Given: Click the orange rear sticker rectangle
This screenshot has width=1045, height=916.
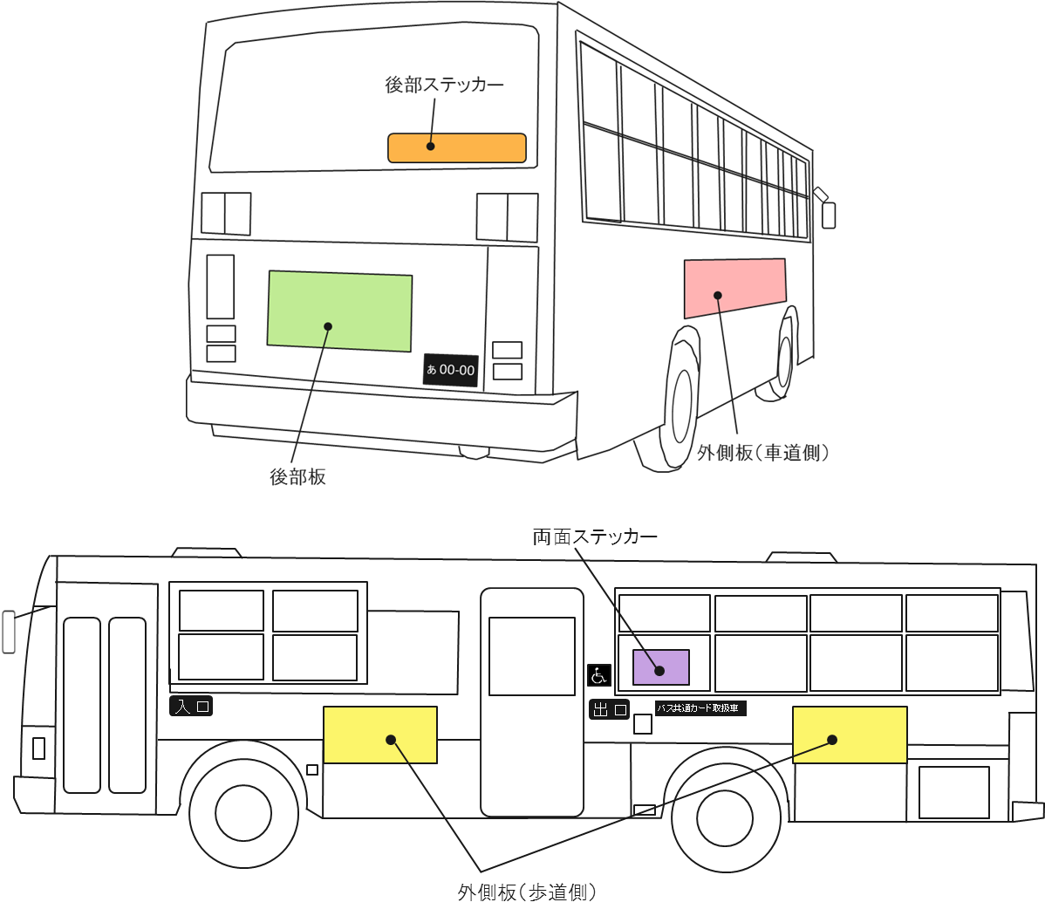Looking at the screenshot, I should click(456, 148).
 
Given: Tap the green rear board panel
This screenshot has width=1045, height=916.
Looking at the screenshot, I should click(339, 311).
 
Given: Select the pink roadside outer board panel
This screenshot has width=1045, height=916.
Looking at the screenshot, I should click(734, 286).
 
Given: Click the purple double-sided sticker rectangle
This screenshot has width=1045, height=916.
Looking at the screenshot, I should click(660, 667).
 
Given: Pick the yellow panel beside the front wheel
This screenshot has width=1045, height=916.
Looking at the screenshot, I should click(379, 735).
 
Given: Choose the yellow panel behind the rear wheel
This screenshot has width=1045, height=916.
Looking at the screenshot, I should click(850, 735).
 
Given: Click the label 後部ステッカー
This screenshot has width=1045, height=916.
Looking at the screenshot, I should click(444, 85).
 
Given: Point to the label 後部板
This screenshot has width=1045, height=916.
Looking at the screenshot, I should click(297, 477).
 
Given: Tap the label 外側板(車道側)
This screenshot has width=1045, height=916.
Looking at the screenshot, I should click(762, 453).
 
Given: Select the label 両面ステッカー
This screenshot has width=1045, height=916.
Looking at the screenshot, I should click(595, 537).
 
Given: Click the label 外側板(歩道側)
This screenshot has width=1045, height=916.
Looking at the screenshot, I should click(527, 892).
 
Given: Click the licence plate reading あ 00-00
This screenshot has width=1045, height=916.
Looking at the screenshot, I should click(450, 370).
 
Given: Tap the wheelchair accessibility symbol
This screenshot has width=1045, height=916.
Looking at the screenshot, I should click(598, 675).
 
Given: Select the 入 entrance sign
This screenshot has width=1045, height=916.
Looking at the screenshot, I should click(191, 706).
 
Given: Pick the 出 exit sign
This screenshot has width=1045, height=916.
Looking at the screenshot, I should click(609, 709).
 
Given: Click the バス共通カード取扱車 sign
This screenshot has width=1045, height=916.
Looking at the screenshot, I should click(700, 708).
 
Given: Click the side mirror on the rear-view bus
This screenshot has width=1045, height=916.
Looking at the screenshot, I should click(828, 215).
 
